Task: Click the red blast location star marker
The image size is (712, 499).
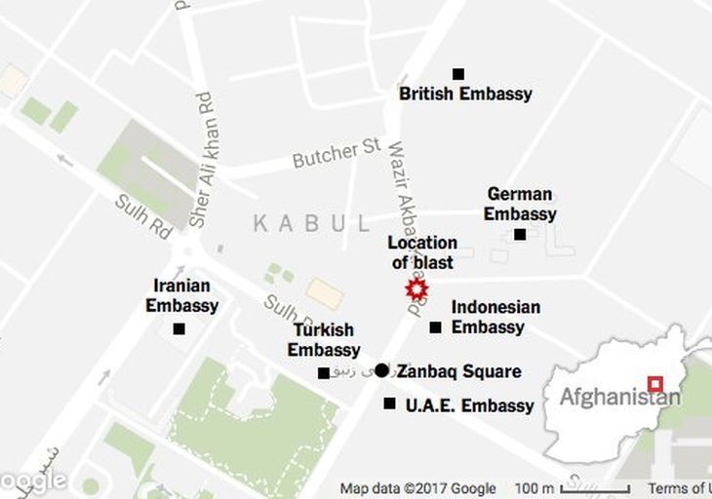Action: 416,289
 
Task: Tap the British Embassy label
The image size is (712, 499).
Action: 465,95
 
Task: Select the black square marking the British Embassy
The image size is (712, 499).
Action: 458,74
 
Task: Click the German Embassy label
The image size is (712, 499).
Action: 520,204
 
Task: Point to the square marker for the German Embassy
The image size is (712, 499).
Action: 520,234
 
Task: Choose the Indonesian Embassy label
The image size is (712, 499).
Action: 494,317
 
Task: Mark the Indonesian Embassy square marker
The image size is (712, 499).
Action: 435,327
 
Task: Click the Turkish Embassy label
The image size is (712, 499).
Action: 324,339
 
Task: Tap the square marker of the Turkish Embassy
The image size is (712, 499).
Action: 324,373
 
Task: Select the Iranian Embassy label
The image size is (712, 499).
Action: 182,295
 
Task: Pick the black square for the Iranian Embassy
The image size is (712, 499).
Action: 178,329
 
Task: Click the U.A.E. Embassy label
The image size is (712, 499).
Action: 469,405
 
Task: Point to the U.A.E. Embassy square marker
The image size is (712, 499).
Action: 390,403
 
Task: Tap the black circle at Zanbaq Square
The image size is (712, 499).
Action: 381,370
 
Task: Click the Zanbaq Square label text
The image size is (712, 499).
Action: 458,371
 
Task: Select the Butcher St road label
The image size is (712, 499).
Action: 336,153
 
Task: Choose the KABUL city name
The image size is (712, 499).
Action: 312,224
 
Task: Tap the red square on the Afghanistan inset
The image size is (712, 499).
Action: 655,384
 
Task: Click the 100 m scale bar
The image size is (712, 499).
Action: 594,488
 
